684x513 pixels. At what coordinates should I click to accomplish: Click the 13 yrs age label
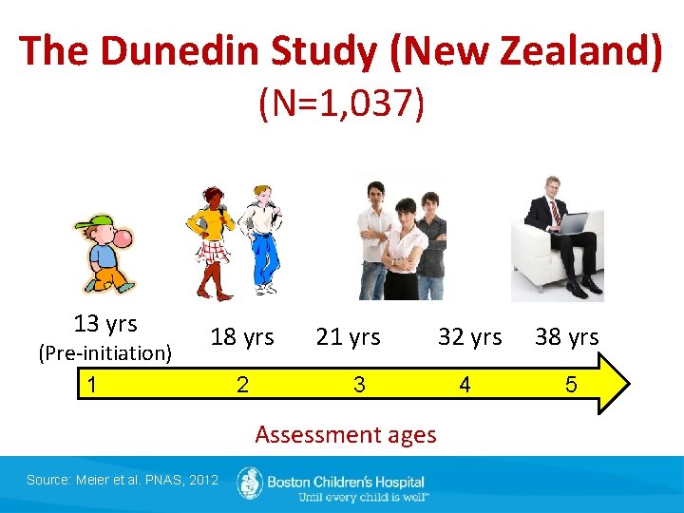[x=105, y=324]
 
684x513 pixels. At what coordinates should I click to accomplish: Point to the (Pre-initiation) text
[x=104, y=353]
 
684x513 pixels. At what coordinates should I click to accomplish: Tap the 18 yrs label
[x=242, y=337]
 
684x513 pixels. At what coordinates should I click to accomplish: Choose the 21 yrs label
[x=349, y=337]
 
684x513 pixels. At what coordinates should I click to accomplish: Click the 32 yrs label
[x=469, y=337]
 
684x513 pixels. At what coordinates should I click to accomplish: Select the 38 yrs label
[x=566, y=337]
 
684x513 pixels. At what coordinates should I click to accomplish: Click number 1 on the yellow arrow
[x=90, y=384]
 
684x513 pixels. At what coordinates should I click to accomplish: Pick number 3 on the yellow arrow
[x=359, y=385]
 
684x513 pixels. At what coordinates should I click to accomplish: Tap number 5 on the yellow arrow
[x=571, y=385]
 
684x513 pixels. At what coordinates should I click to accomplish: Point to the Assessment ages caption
[x=346, y=435]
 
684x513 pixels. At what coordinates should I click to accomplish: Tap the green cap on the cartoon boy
[x=89, y=225]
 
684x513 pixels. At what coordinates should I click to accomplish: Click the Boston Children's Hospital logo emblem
[x=250, y=483]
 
